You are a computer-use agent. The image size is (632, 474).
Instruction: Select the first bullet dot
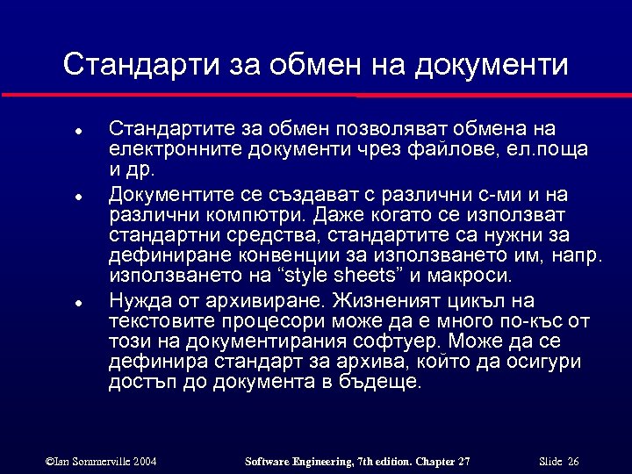tap(78, 130)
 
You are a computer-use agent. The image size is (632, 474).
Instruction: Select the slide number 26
tap(573, 461)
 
